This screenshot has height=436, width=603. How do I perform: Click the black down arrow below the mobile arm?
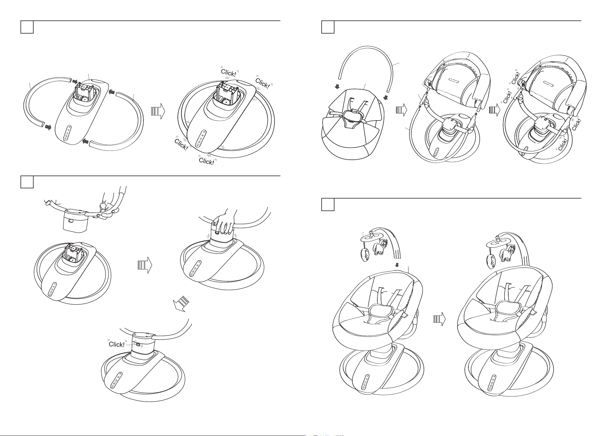tap(397, 265)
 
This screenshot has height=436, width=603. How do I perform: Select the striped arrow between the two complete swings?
tap(439, 319)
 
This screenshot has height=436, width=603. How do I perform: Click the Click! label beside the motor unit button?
tap(117, 344)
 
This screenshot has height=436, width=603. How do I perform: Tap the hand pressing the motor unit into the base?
tap(224, 225)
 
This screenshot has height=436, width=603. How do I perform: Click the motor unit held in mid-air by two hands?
tap(76, 219)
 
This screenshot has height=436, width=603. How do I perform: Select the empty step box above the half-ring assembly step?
tap(27, 27)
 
